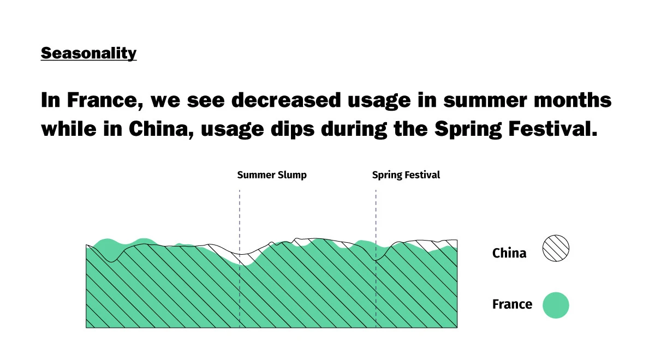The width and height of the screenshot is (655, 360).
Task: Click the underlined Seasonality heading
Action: [x=88, y=53]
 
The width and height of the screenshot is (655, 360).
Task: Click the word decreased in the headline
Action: [x=286, y=100]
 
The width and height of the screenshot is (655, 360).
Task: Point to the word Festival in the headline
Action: [x=552, y=129]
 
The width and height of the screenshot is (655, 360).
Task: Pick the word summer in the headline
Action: [x=485, y=100]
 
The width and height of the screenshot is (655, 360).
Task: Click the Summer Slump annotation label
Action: [x=272, y=175]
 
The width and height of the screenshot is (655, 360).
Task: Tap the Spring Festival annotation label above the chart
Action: [x=406, y=175]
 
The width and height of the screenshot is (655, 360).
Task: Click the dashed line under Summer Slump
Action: [x=240, y=259]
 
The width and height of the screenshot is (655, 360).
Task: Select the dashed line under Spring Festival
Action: [x=376, y=259]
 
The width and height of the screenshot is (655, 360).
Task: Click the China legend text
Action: [x=509, y=253]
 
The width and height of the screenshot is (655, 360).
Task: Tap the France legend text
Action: [x=513, y=304]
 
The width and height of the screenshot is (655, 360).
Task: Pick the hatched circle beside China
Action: [x=556, y=248]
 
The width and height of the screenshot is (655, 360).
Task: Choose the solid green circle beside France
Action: [x=556, y=305]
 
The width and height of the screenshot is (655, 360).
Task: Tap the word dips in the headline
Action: [x=293, y=129]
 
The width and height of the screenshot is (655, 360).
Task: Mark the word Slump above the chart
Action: [x=292, y=175]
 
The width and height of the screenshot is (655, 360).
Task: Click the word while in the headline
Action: [x=69, y=129]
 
